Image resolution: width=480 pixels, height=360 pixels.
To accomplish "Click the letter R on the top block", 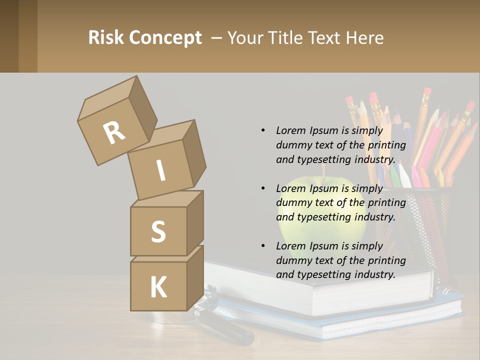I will (x=114, y=132).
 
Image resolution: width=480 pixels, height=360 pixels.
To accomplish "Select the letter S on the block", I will (x=158, y=231).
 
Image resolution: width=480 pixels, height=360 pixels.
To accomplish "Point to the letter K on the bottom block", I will (x=158, y=287).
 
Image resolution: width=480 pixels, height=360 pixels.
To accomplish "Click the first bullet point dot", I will (x=263, y=130).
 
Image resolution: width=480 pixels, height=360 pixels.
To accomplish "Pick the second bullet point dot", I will (x=263, y=188).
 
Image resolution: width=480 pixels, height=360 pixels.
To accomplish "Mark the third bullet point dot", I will (x=263, y=246).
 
